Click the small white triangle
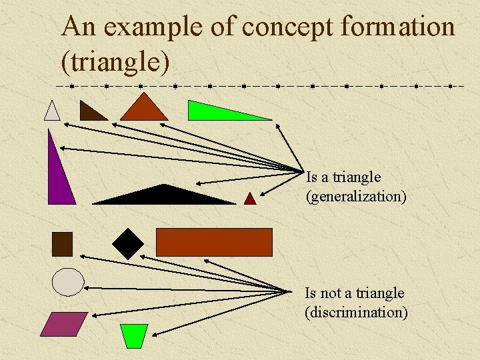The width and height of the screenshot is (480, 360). click(x=52, y=112)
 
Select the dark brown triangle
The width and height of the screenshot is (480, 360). click(x=89, y=113)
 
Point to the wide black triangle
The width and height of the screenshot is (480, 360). click(x=163, y=196)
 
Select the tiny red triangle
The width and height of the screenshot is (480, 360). click(x=250, y=199)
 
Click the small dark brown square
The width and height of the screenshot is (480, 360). click(x=62, y=244)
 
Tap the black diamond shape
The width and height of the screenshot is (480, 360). click(x=127, y=244)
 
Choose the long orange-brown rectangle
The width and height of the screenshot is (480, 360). click(x=214, y=242)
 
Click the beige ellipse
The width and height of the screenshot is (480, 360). click(x=68, y=282)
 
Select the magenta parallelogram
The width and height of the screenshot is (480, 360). click(x=64, y=324)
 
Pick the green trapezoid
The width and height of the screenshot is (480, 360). click(x=135, y=335)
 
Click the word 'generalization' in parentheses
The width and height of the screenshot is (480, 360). click(x=356, y=197)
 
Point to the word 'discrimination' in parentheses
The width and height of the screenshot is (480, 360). click(x=356, y=312)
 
